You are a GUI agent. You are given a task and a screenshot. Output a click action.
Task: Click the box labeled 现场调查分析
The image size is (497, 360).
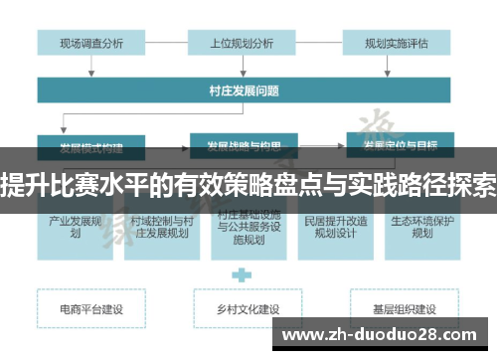click(91, 43)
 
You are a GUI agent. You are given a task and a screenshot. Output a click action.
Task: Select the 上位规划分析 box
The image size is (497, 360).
click(242, 43)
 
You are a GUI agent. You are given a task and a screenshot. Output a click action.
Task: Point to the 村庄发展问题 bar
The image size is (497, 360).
click(242, 90)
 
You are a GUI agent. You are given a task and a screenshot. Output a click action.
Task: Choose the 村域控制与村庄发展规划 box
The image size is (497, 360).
click(159, 227)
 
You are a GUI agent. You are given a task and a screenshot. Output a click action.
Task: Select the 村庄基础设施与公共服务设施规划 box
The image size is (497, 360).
click(242, 227)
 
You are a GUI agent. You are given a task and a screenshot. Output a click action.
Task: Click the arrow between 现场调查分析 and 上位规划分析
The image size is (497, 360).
click(167, 43)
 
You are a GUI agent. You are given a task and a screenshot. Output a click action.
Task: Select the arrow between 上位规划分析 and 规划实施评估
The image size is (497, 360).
click(317, 43)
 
